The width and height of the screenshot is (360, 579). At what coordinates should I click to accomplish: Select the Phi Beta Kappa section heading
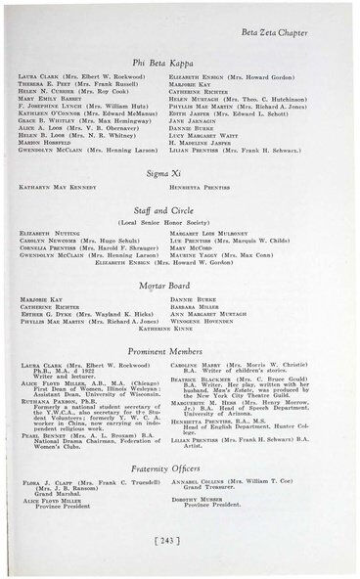coord(181,62)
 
